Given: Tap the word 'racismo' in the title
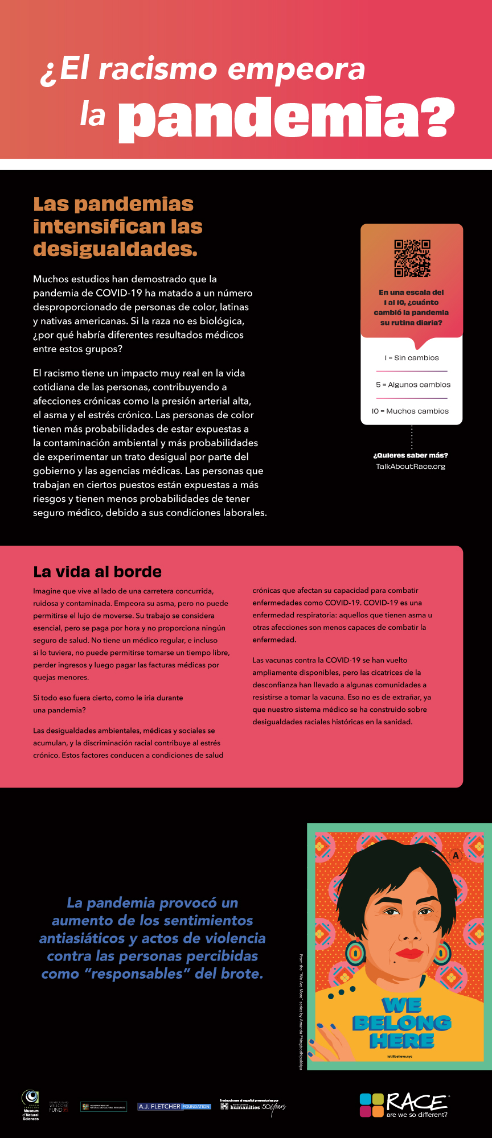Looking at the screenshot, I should (158, 69).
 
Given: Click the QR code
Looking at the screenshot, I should (412, 258).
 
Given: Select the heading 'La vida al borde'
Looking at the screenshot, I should (97, 572).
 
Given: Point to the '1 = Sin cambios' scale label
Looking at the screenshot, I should (412, 358).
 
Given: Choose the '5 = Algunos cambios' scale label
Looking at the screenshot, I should (412, 385).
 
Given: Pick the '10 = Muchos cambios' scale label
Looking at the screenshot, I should (411, 411).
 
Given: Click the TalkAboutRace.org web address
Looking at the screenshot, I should (411, 467).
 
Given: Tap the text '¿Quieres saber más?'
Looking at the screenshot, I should (411, 455).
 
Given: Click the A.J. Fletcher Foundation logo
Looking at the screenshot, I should (174, 1107).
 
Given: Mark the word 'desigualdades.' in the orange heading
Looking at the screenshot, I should (116, 249).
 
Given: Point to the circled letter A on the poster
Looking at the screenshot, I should (455, 855).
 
